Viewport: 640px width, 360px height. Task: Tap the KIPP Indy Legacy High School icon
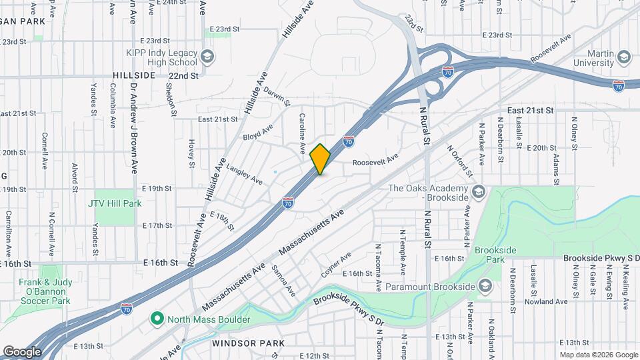coord(207,56)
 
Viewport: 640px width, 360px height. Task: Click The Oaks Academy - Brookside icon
coord(477,193)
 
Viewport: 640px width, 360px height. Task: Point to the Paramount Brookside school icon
coord(485,287)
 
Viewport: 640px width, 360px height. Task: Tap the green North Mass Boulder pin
coord(157,319)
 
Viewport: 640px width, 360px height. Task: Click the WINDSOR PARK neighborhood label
coord(249,343)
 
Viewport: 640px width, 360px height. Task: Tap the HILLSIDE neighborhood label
coord(134,76)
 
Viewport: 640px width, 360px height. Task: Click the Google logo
coord(22,351)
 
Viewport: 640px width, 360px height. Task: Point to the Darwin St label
coord(277,95)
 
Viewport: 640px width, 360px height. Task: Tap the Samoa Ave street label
coord(283,280)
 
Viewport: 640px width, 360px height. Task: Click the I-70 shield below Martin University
coord(618,85)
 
